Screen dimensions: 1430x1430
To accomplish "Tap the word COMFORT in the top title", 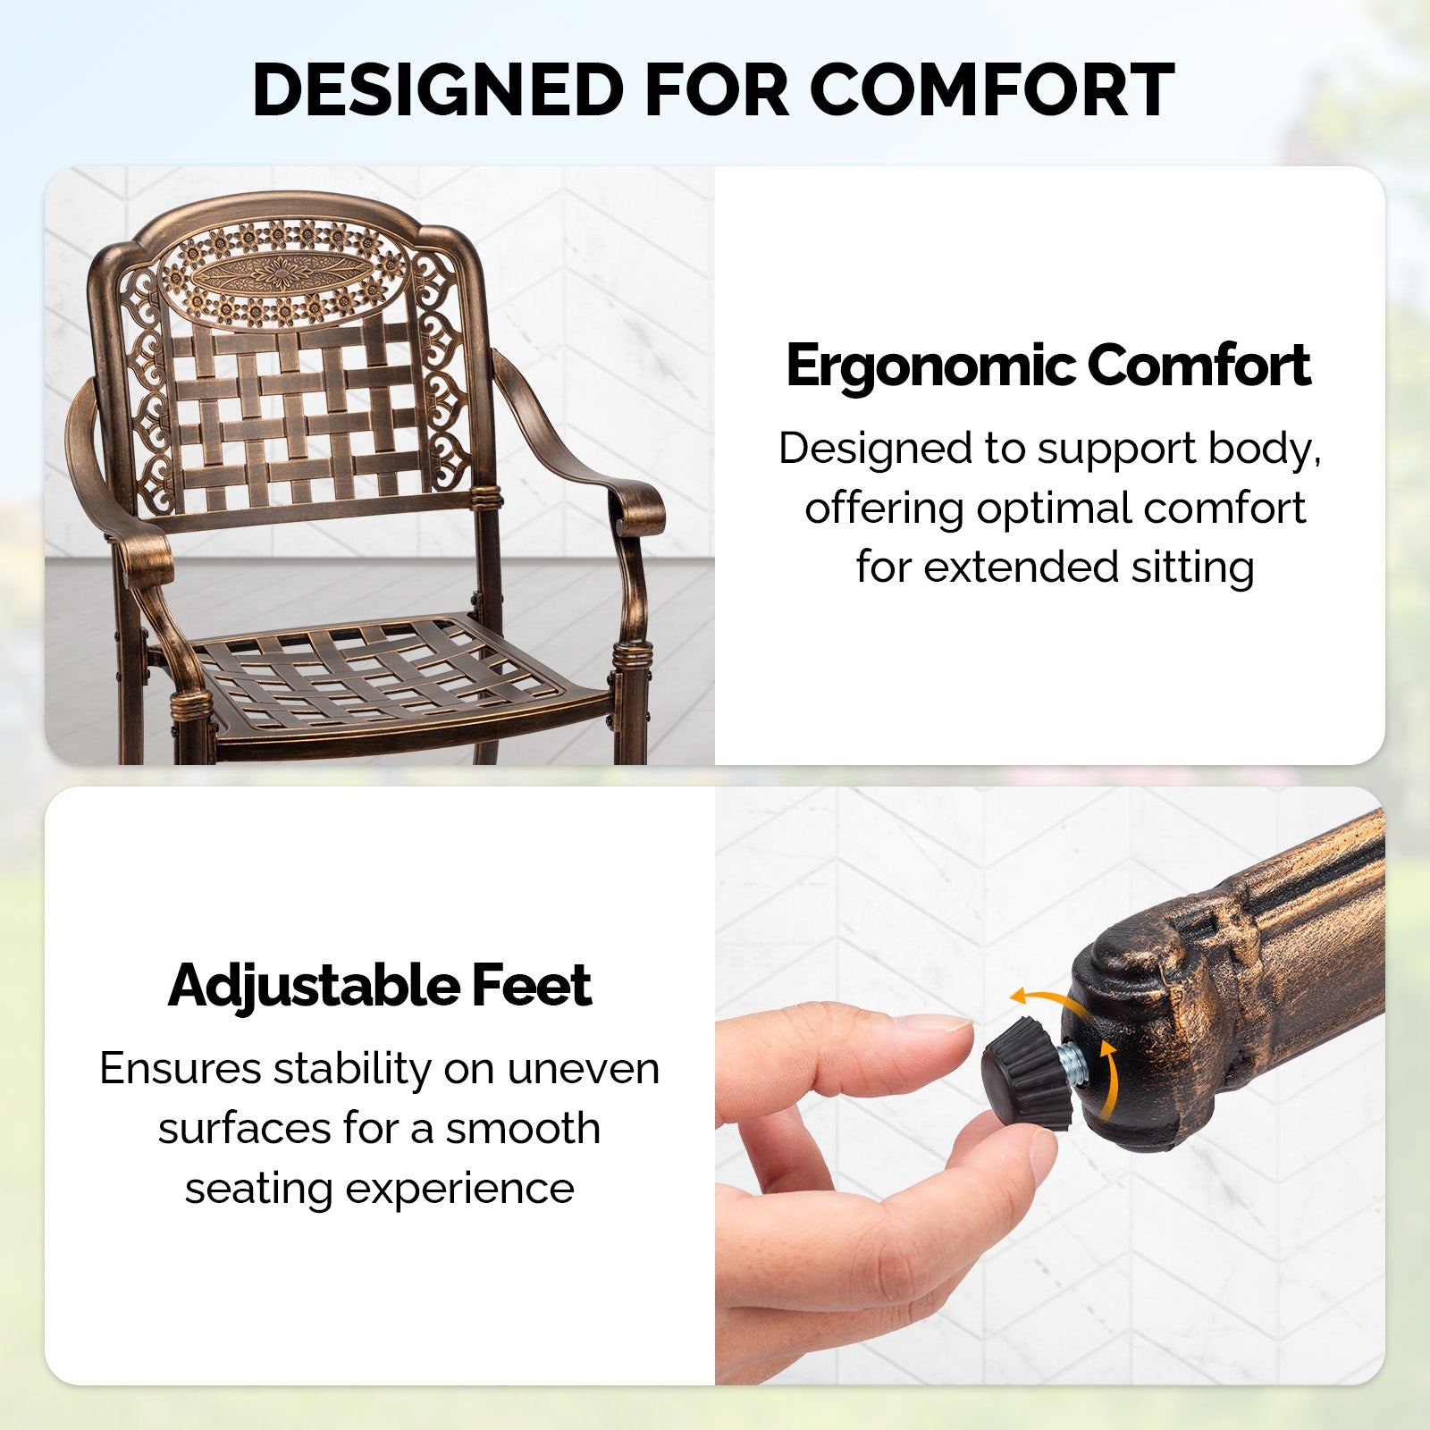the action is pyautogui.click(x=991, y=90).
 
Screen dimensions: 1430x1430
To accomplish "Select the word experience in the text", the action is pyautogui.click(x=459, y=1190).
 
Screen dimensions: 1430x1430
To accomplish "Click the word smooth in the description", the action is pyautogui.click(x=523, y=1128).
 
